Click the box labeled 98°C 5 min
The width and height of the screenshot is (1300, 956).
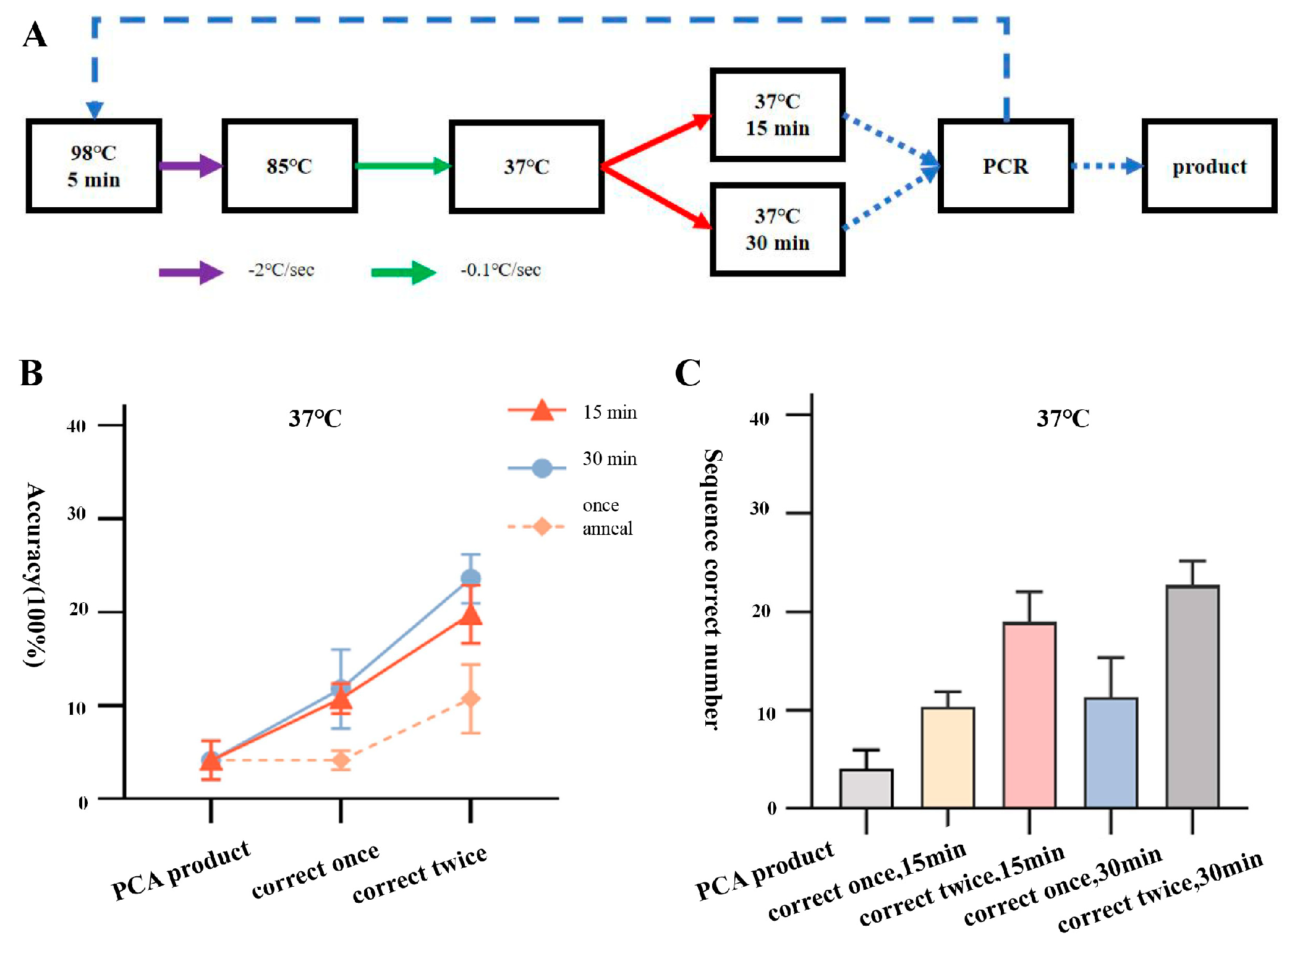(93, 166)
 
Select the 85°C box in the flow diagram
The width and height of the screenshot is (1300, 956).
(289, 166)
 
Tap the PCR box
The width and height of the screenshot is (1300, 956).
(1005, 166)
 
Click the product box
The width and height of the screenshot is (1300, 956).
(1209, 166)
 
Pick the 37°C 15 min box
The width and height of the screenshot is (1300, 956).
(777, 115)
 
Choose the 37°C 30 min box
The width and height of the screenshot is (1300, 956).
(777, 229)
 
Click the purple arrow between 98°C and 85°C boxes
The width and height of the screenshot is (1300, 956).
(190, 166)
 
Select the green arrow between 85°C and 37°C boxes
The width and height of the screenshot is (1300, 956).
(402, 166)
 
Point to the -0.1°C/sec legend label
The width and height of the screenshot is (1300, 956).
(500, 270)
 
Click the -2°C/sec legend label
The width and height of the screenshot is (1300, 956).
(281, 270)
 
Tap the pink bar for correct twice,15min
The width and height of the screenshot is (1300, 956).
(1029, 714)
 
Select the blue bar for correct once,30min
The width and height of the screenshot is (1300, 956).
(1111, 752)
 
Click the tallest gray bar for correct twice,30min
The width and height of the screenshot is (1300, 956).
(1192, 696)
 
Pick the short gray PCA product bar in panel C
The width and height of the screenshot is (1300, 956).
(866, 788)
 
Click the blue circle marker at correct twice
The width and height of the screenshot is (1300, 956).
(470, 579)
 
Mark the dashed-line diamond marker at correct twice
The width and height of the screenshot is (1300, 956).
(470, 699)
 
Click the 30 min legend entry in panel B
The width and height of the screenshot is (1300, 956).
(609, 459)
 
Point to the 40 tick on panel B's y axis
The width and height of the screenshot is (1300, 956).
(77, 426)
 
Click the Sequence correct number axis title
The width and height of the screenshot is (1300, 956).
(712, 589)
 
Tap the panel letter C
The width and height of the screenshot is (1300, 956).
(687, 373)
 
